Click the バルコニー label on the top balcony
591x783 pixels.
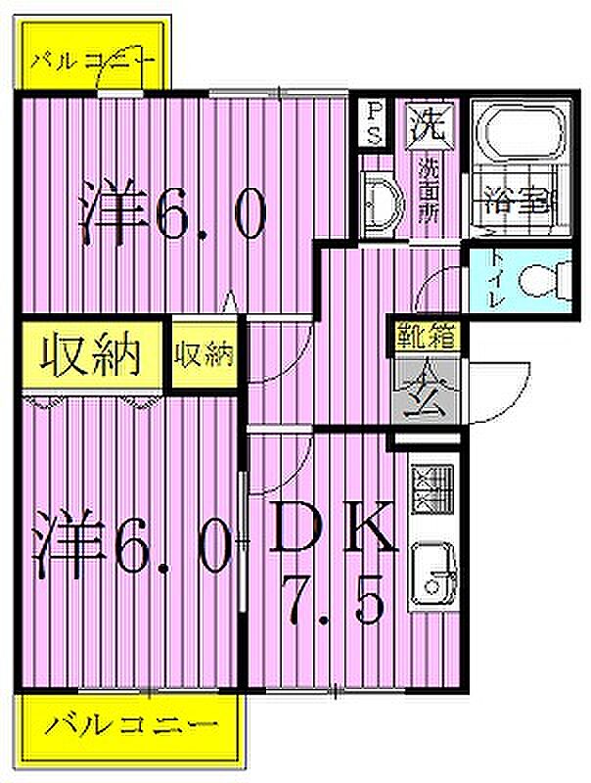pos(93,62)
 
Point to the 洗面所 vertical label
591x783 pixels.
pos(429,190)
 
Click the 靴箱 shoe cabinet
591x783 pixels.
pos(427,338)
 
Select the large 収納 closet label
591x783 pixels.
pos(90,355)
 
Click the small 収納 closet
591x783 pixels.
pos(204,354)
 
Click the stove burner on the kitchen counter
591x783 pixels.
pos(432,488)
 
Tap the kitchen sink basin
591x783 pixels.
pos(433,575)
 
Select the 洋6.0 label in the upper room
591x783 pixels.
pos(173,211)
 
